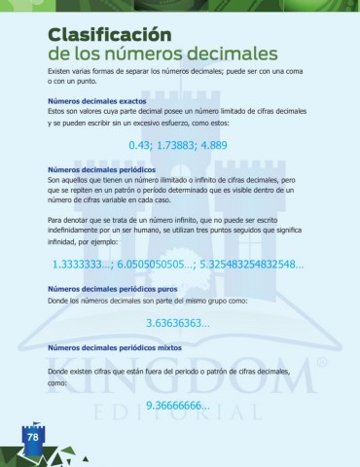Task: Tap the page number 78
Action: coord(31,438)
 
